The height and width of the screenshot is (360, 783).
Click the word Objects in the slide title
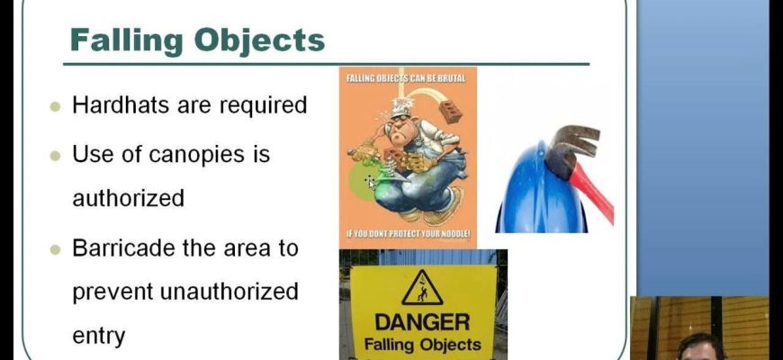coord(260,40)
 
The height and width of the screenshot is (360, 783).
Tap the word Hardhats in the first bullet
coord(121,105)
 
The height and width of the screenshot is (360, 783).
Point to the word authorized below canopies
coord(129,198)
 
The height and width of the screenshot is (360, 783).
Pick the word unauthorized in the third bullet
coord(229,292)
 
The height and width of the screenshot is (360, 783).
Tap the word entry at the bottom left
coord(99,337)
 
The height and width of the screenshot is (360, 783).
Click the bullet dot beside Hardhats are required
coord(56,107)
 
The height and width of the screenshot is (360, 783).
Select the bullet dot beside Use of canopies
coord(56,156)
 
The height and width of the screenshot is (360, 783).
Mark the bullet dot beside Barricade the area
coord(56,249)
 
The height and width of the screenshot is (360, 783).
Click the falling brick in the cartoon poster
coord(450,111)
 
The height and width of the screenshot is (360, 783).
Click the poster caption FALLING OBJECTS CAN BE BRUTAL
coord(406,78)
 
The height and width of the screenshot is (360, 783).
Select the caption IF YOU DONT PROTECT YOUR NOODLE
coord(409,234)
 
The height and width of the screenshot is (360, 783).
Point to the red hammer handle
coord(592,193)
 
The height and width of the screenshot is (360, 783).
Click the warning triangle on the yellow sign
coord(422,288)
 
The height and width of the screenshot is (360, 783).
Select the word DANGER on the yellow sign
coord(422,322)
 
